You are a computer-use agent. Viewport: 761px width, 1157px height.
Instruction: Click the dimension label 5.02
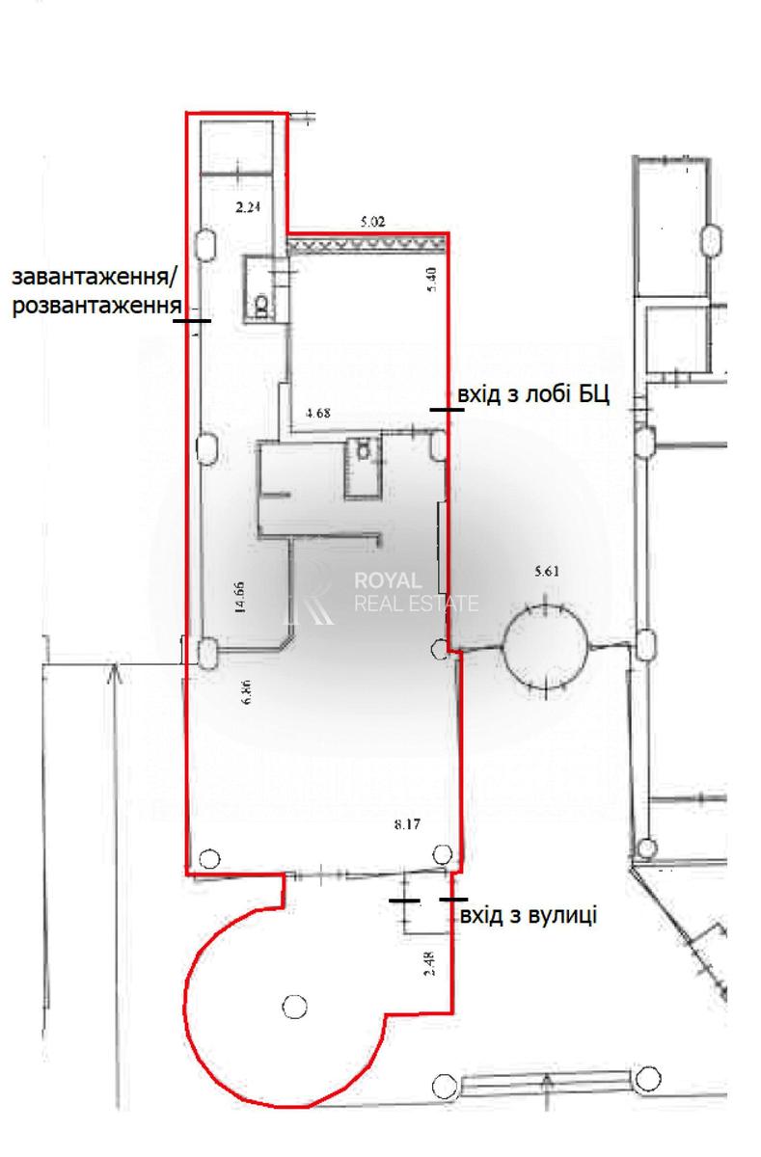tap(372, 223)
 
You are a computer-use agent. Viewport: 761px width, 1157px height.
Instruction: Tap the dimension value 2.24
tap(248, 207)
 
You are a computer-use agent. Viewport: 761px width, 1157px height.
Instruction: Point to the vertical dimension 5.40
tap(432, 279)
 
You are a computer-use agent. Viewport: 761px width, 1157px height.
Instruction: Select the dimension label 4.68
tap(317, 413)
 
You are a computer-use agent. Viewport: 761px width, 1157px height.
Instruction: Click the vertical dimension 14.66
tap(240, 597)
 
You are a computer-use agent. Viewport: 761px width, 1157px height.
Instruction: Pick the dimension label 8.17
tap(408, 823)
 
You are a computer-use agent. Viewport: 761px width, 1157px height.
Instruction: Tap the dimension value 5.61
tap(547, 571)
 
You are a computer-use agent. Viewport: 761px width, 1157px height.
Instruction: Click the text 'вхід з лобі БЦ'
tap(533, 395)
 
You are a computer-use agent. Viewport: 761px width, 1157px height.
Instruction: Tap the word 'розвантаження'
tap(97, 306)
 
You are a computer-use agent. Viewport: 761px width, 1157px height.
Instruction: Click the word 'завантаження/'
tap(94, 278)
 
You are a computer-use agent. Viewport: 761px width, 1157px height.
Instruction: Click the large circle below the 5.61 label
tap(546, 648)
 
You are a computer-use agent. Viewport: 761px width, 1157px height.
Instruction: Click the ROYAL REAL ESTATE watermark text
tap(416, 592)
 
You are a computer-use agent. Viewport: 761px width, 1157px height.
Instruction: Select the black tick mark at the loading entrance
tap(192, 321)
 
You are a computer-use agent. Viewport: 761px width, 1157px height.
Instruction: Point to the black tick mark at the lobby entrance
tap(447, 410)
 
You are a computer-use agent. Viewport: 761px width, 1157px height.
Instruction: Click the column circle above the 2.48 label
tap(443, 854)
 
